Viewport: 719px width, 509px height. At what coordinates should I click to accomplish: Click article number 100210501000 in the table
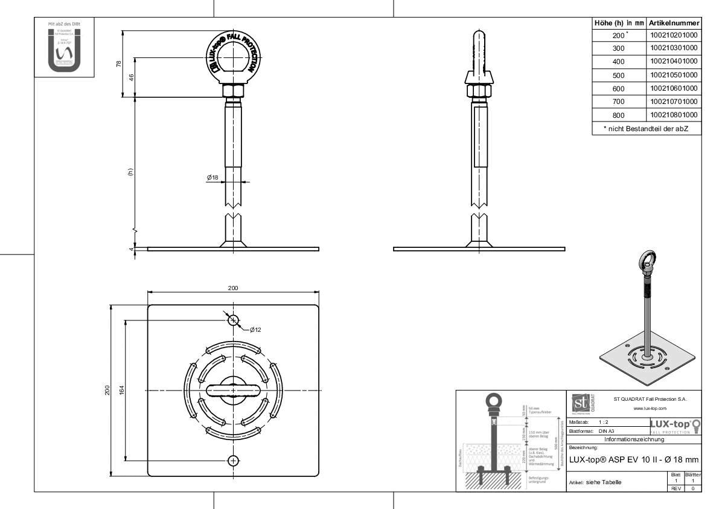[674, 75]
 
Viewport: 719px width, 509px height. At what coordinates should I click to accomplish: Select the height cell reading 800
[618, 115]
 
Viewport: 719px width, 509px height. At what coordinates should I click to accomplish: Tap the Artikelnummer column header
[674, 22]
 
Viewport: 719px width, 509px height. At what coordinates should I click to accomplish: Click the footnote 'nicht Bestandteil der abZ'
[646, 128]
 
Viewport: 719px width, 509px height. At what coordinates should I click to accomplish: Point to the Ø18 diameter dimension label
[213, 178]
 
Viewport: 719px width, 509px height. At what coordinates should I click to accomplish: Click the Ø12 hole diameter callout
[255, 329]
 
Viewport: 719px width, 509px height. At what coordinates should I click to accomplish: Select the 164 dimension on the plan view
[121, 391]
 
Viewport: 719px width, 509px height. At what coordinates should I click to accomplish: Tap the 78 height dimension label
[119, 63]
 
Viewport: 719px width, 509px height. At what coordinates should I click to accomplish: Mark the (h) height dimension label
[129, 171]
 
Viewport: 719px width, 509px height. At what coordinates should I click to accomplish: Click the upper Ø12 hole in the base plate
[234, 320]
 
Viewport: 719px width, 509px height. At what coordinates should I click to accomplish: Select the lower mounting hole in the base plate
[234, 461]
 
